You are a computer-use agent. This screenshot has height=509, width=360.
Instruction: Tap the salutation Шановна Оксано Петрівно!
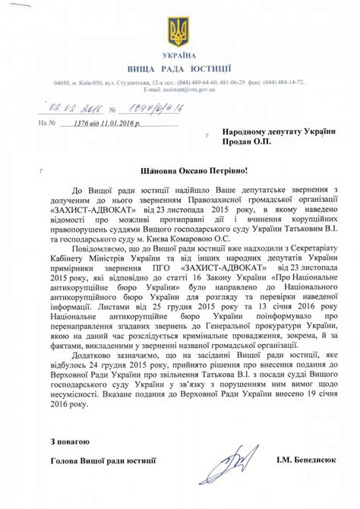pos(179,174)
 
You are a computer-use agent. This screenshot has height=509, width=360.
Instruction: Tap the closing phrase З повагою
pos(70,441)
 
